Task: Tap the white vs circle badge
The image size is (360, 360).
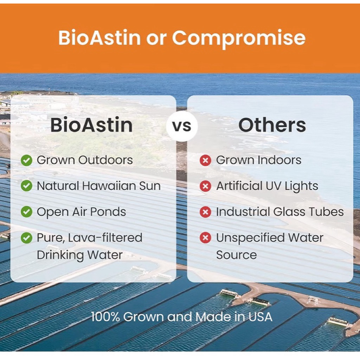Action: tap(182, 126)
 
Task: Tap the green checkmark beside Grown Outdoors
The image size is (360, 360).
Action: tap(26, 160)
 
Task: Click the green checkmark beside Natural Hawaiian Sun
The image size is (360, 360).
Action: tap(26, 186)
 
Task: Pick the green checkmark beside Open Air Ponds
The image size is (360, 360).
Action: tap(26, 212)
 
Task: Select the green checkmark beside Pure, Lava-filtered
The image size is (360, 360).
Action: tap(26, 238)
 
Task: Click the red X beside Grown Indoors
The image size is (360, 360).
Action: tap(205, 160)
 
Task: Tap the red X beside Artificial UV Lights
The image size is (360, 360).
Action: tap(205, 186)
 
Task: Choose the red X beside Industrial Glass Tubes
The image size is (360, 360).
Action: tap(205, 212)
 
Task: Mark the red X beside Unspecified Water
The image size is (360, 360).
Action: tap(205, 238)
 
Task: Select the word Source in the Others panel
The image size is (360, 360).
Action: tap(237, 255)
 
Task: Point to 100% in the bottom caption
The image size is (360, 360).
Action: tap(105, 317)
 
